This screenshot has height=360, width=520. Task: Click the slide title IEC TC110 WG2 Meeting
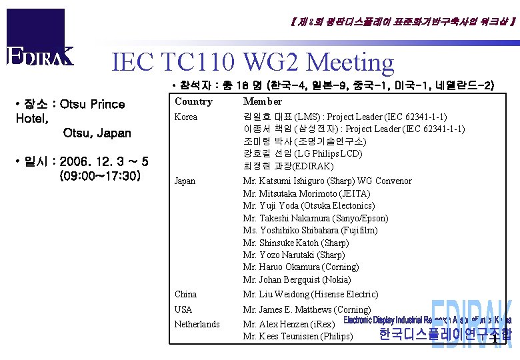point(253,62)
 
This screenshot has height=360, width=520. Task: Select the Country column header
point(193,101)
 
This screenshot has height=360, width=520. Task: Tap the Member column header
point(263,101)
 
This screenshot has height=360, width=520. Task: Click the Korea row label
point(186,117)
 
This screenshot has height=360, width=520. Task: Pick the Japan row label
point(185,181)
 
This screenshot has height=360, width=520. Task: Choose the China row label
point(185,294)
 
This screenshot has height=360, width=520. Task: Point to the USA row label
point(183,309)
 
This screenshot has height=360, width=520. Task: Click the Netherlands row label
point(197,324)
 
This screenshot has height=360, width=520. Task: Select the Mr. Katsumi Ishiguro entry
point(327,181)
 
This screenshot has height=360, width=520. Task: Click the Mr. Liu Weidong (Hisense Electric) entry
point(311,294)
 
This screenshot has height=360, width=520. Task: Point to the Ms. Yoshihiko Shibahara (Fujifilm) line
point(310,230)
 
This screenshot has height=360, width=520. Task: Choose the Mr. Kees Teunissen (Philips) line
point(298,336)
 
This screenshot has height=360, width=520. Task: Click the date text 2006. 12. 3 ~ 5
point(104,162)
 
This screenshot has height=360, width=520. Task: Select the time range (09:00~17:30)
point(99,177)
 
